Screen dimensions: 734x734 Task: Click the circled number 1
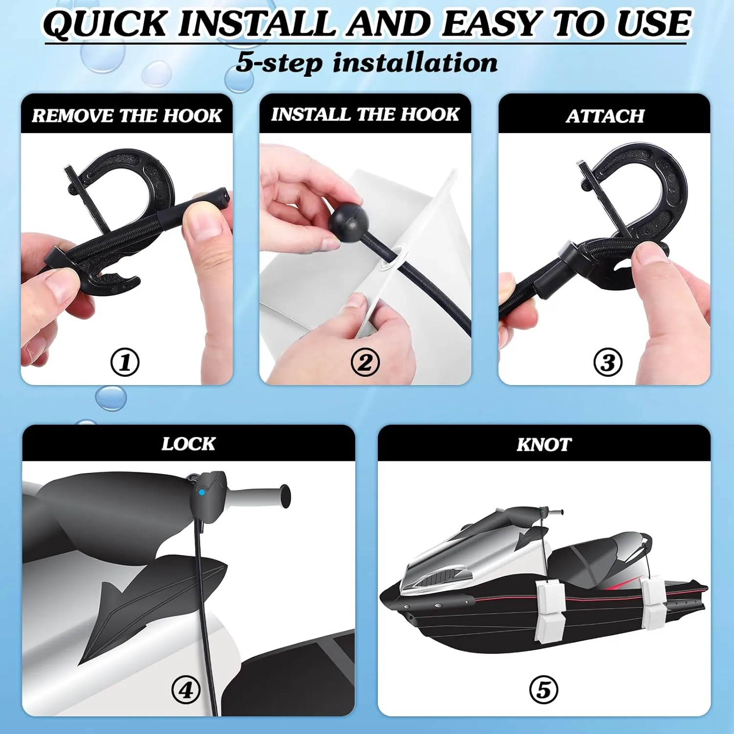pyautogui.click(x=125, y=363)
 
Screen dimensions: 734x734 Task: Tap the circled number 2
pyautogui.click(x=365, y=363)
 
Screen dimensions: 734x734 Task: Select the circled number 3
pyautogui.click(x=608, y=363)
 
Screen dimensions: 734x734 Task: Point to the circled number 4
pyautogui.click(x=186, y=690)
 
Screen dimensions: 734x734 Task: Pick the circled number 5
pyautogui.click(x=544, y=690)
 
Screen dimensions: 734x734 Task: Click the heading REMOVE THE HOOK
pyautogui.click(x=127, y=115)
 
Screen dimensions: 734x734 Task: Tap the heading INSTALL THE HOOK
pyautogui.click(x=365, y=114)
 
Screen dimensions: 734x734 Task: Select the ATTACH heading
pyautogui.click(x=605, y=116)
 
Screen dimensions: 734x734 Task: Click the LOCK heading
pyautogui.click(x=188, y=444)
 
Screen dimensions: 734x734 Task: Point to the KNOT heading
pyautogui.click(x=544, y=444)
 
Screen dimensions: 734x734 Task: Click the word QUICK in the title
pyautogui.click(x=105, y=23)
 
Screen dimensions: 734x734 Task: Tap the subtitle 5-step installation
pyautogui.click(x=367, y=63)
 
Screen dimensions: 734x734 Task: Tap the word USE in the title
pyautogui.click(x=653, y=23)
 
